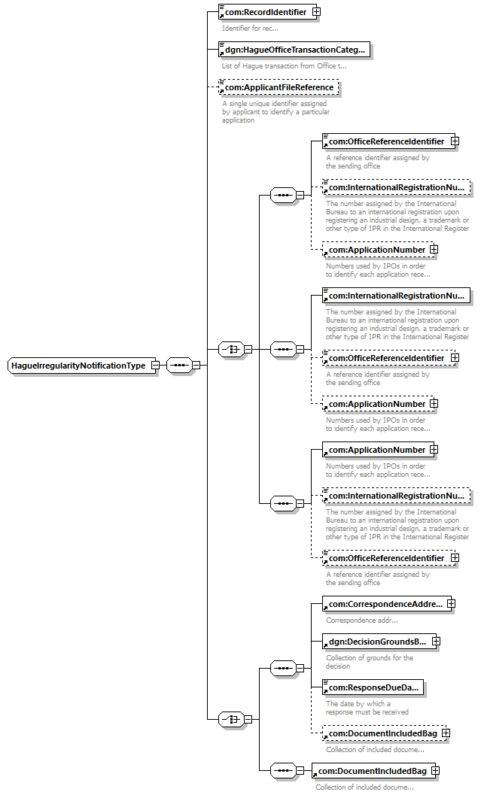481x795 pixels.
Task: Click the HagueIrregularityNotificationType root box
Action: point(78,366)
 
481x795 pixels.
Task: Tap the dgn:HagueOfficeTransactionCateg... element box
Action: point(294,50)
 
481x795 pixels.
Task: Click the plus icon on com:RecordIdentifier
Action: point(317,12)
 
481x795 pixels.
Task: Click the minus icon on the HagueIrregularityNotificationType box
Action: point(154,366)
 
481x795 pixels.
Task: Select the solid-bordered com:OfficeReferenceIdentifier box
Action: point(386,141)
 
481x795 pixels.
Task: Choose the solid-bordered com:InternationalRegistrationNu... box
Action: point(396,296)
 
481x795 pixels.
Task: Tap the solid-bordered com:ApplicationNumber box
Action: point(376,450)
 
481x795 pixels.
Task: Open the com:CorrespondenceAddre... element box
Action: point(384,604)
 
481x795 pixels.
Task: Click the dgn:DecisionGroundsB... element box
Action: point(376,642)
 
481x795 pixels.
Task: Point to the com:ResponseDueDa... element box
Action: point(372,687)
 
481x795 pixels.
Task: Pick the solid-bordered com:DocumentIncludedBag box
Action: point(371,771)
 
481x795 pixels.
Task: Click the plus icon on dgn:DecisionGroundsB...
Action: point(435,642)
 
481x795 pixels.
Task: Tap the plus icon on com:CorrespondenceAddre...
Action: point(451,604)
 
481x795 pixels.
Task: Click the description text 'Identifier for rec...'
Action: point(250,29)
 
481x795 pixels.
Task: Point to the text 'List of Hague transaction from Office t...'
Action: point(284,66)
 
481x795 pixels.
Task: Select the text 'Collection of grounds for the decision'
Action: point(369,662)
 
